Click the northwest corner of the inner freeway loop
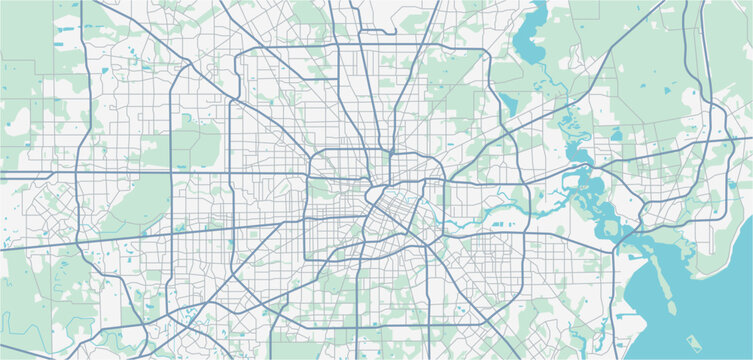tap(312, 153)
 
